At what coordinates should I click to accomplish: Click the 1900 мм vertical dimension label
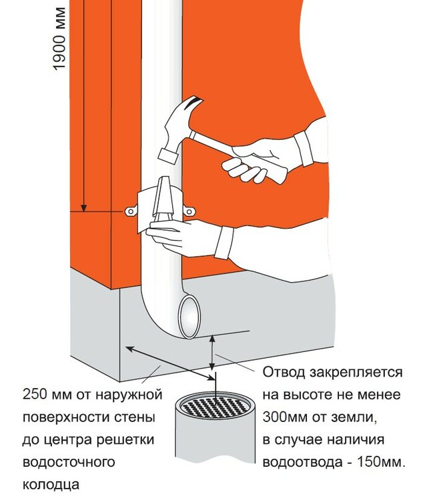(59, 38)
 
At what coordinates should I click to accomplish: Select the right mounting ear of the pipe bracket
(189, 211)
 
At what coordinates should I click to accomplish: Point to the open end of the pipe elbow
(190, 317)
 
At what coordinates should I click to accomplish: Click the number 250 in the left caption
(33, 395)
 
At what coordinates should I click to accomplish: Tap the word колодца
(51, 485)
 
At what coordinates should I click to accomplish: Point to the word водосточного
(69, 462)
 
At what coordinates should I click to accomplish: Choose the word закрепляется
(356, 373)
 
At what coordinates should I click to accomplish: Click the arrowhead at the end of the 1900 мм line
(83, 207)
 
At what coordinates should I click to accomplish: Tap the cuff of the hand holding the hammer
(303, 149)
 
